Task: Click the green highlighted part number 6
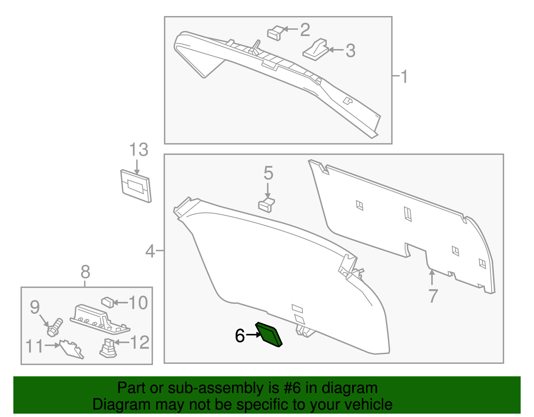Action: pyautogui.click(x=269, y=335)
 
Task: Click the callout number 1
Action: pyautogui.click(x=404, y=77)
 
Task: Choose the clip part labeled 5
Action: pyautogui.click(x=266, y=205)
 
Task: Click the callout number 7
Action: pyautogui.click(x=433, y=295)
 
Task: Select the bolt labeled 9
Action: pyautogui.click(x=55, y=328)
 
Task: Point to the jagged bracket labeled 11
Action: pyautogui.click(x=72, y=350)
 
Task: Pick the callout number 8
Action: pyautogui.click(x=85, y=272)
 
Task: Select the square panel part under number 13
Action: pyautogui.click(x=136, y=186)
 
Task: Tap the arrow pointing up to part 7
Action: pyautogui.click(x=432, y=277)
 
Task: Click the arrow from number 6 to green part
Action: pyautogui.click(x=253, y=335)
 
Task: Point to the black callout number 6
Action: pyautogui.click(x=240, y=336)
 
